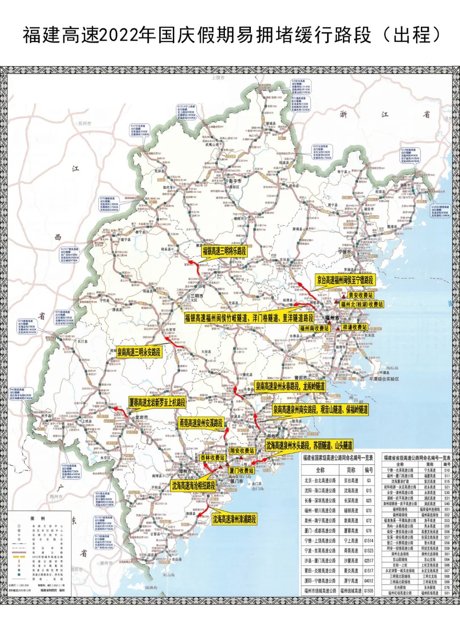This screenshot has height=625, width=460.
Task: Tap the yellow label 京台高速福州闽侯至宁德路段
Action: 345,280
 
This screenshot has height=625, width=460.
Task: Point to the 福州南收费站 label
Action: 314,328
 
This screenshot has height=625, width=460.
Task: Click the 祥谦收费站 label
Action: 354,327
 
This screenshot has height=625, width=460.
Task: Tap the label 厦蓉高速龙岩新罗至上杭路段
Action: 158,402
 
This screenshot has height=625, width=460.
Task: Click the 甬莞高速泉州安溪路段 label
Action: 201,423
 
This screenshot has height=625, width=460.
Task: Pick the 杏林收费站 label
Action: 212,457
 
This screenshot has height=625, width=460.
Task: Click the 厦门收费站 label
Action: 241,471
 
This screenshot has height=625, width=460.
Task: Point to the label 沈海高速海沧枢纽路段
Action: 193,485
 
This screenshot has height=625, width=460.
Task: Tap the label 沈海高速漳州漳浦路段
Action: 235,519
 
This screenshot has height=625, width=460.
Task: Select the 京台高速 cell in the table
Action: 351,480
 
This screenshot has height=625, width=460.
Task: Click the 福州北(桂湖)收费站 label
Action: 362,304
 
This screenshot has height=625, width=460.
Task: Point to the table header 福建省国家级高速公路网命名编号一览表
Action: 337,458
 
